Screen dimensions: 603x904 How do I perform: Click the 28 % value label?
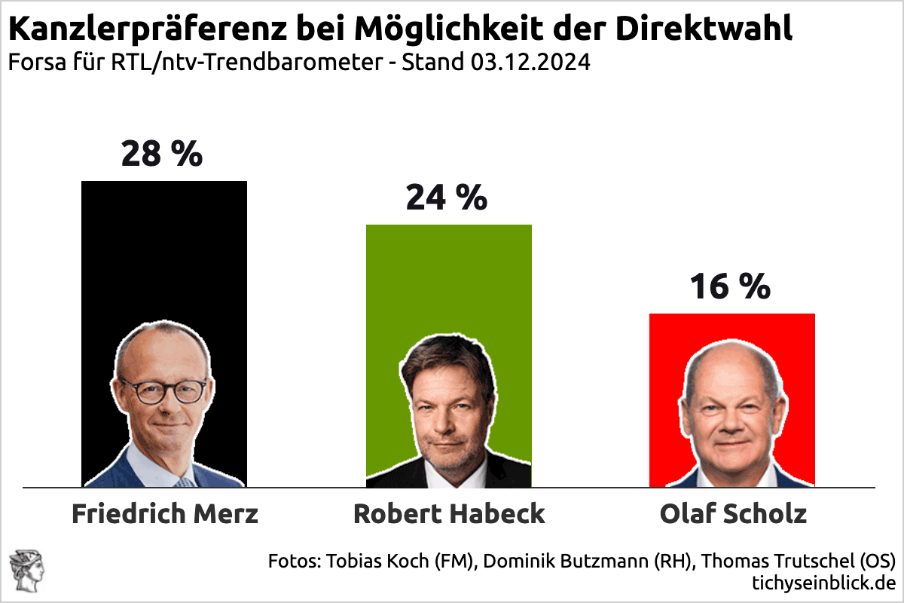pos(162,154)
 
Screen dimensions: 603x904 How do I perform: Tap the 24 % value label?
pos(447,197)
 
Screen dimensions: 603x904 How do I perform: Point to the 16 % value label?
pos(731,286)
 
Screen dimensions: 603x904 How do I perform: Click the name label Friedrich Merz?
pos(165,514)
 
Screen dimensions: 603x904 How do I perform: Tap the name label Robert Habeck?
pos(449,514)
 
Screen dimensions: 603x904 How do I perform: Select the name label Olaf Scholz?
pos(733,514)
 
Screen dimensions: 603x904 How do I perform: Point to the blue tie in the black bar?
pos(184,481)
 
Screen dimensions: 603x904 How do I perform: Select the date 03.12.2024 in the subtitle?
pos(531,62)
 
